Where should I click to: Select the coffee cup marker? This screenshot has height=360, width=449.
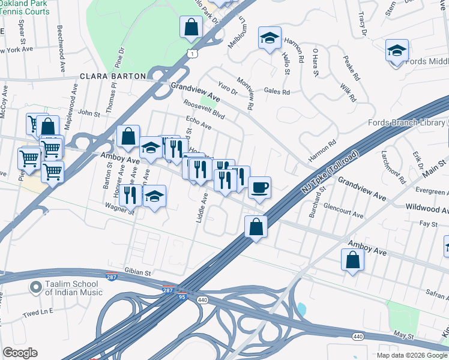[259, 187]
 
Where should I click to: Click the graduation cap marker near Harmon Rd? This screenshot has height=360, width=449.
[270, 38]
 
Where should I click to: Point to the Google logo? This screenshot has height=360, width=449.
[20, 353]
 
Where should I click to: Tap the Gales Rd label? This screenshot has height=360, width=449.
[277, 92]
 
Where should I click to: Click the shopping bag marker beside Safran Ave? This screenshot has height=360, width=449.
[352, 259]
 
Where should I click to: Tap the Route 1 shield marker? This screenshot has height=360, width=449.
[191, 53]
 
